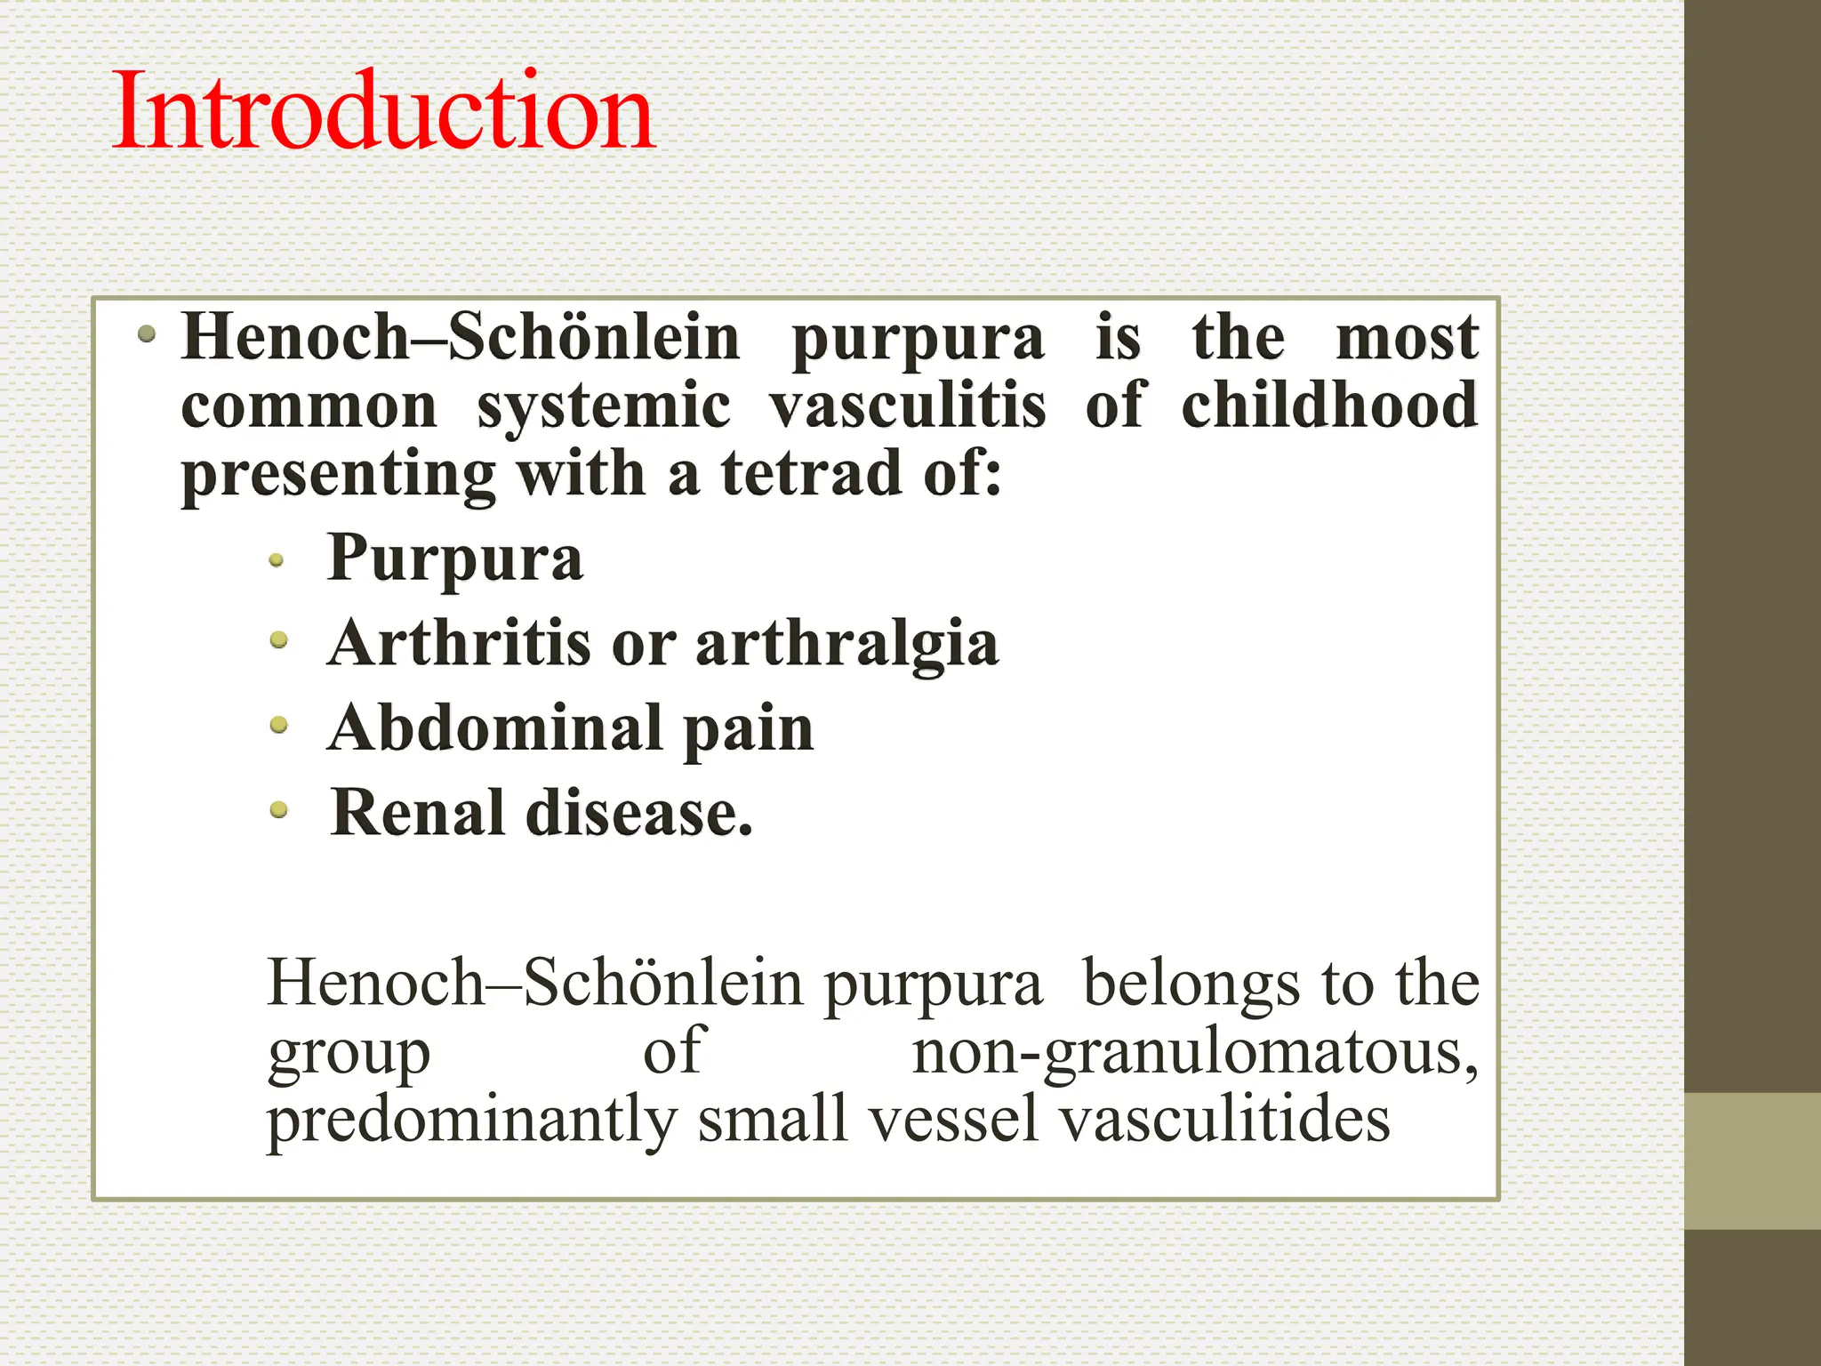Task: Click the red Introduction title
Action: coord(383,111)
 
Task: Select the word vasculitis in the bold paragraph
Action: coord(908,406)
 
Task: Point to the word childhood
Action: coord(1329,406)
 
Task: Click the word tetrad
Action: coord(811,473)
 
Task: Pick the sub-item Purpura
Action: coord(454,559)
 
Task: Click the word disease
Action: coord(639,813)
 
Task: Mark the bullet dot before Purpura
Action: coord(277,560)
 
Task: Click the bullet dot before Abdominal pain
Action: coord(278,726)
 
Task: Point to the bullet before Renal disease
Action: coord(278,809)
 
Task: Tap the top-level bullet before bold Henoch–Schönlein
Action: coord(148,335)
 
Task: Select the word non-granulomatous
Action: coord(1195,1052)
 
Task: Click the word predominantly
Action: coord(471,1120)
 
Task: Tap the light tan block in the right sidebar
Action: coord(1752,1161)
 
